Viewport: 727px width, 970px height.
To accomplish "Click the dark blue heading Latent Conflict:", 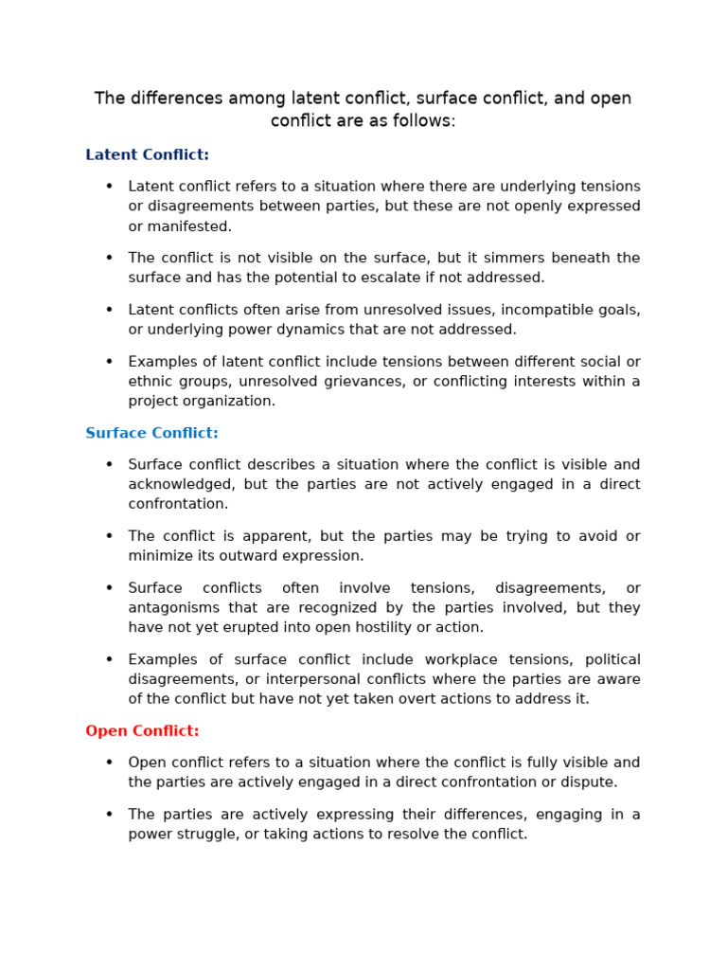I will point(147,154).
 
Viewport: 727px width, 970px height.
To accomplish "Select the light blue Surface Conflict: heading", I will point(151,433).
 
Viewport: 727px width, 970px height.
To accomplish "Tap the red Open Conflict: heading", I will point(142,731).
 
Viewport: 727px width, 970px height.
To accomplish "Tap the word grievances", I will point(387,381).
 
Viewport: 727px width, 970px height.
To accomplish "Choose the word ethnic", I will point(151,381).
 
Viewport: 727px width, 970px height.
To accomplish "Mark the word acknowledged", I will point(181,484).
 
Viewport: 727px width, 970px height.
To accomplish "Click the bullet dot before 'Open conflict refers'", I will point(109,763).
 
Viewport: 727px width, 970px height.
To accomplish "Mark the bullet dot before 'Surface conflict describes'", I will point(109,464).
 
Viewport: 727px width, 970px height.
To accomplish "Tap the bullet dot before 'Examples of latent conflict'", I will point(109,362).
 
